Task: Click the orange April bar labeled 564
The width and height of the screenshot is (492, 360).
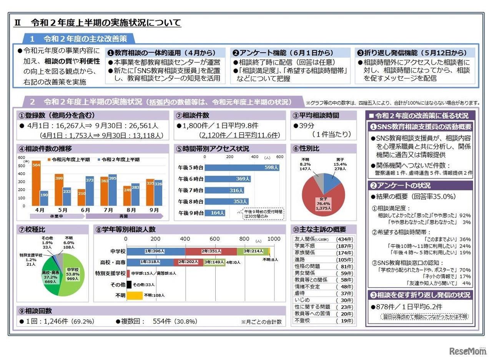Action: pos(36,183)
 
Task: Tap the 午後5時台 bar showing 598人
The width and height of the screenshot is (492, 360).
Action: pos(242,168)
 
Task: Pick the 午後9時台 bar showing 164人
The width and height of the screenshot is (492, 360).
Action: pos(215,212)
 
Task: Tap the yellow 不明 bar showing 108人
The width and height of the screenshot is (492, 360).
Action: pos(135,295)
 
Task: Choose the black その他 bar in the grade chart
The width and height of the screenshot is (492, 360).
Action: pos(129,285)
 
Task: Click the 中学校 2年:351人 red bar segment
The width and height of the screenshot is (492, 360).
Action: pos(211,251)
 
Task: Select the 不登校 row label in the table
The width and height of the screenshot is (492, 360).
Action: pos(302,321)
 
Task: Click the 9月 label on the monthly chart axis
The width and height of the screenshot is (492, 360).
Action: pos(155,210)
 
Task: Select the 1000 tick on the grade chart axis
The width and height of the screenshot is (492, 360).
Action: pos(274,239)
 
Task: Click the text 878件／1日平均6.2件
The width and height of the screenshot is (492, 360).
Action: pos(406,307)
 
